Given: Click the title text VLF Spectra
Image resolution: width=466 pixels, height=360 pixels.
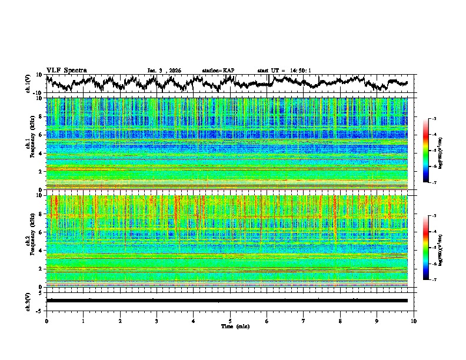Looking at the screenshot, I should point(66,70).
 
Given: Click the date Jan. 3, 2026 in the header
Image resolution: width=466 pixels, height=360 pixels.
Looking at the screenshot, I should point(164,71).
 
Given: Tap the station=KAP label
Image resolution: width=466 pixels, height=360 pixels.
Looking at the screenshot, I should point(218,71).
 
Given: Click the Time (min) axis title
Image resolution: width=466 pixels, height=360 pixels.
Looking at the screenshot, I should point(230,326).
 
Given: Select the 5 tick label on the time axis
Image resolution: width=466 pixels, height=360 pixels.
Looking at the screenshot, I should point(230,321).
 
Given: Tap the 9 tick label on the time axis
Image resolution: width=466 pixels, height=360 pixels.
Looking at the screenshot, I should point(377,321).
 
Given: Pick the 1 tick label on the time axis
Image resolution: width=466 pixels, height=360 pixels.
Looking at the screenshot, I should point(83,321).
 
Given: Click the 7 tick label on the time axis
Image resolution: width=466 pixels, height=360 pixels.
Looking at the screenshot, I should point(304,321).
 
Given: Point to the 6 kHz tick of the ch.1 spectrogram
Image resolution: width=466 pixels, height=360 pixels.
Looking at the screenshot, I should point(41,135).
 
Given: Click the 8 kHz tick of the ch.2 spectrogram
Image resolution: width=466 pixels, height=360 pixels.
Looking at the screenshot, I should point(41,214).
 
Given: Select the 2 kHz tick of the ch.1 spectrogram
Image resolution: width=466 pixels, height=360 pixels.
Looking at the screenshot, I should point(41,171).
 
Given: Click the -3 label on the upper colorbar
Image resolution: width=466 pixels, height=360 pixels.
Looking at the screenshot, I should point(434,119).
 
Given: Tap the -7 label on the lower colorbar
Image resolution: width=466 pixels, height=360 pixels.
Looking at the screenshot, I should point(434,280).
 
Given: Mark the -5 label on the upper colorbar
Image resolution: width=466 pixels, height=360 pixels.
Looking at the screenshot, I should point(434,151).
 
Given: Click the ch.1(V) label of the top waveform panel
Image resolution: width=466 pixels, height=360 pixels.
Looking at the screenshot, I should point(28,84).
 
